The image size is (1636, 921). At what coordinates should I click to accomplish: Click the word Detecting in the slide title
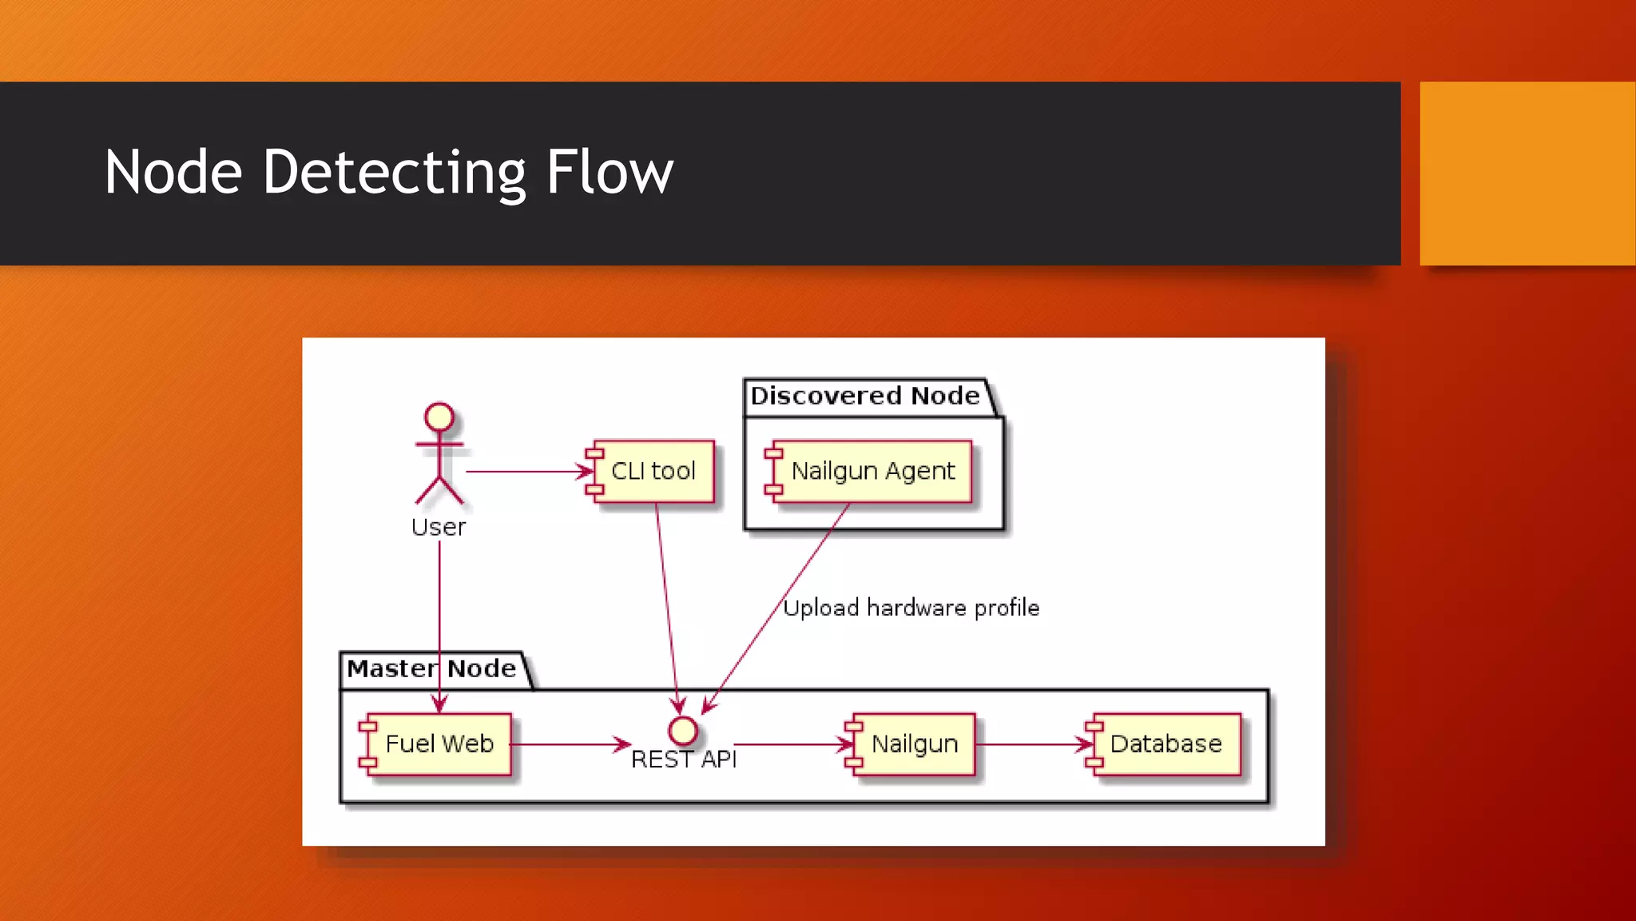tap(394, 173)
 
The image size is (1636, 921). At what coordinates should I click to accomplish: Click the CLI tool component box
tap(652, 471)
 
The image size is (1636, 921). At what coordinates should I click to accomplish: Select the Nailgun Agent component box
tap(871, 471)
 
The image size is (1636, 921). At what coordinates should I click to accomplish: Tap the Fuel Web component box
tap(437, 744)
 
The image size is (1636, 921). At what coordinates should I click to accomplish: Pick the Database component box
tap(1165, 744)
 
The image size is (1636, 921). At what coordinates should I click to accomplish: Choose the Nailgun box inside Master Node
tap(912, 744)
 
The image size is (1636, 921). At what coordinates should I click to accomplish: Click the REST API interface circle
tap(683, 730)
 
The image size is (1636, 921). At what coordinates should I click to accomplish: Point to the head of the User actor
tap(439, 417)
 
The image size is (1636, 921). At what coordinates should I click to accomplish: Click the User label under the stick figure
tap(439, 528)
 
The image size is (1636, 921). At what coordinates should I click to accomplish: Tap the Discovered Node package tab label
tap(865, 396)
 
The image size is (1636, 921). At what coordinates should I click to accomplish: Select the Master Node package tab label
tap(431, 668)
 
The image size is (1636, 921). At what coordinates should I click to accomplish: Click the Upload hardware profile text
tap(911, 608)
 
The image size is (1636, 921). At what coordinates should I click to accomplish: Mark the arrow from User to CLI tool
tap(527, 472)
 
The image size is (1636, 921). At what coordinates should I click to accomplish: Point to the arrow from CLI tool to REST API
tap(667, 608)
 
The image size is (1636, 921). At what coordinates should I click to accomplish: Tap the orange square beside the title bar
tap(1527, 173)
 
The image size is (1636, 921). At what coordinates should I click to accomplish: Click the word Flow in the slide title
tap(610, 173)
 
